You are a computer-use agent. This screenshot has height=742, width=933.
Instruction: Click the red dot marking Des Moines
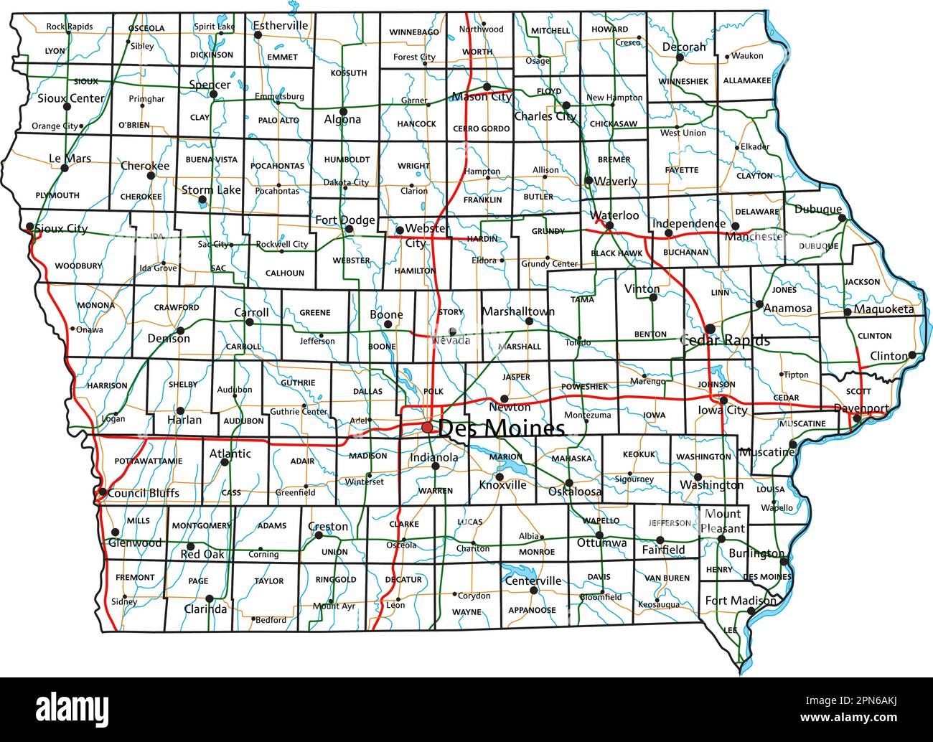[x=427, y=427]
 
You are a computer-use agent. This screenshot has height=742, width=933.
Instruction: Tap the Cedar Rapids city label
[x=725, y=340]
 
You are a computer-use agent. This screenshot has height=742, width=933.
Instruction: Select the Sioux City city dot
[x=29, y=227]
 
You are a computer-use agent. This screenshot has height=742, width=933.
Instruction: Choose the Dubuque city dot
[x=843, y=218]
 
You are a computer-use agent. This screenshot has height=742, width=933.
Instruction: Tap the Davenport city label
[x=861, y=408]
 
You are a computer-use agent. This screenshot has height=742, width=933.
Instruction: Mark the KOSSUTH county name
[x=348, y=72]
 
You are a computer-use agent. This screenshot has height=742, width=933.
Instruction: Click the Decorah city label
[x=684, y=47]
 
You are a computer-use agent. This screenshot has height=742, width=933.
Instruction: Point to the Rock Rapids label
[x=70, y=27]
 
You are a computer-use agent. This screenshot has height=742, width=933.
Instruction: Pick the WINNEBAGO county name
[x=414, y=32]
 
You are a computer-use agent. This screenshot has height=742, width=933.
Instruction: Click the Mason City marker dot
[x=487, y=87]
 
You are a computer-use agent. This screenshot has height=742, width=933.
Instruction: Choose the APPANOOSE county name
[x=532, y=610]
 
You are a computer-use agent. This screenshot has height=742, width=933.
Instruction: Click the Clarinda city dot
[x=210, y=598]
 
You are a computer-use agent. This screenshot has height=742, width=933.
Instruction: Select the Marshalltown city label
[x=518, y=311]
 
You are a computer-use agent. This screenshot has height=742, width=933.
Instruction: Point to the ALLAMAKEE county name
[x=747, y=80]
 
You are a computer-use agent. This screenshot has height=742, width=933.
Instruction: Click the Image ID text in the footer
[x=851, y=700]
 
